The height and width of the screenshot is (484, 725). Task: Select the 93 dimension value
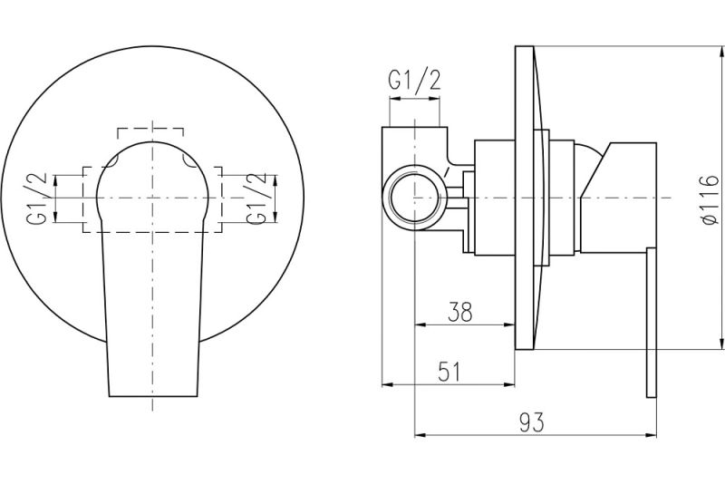533,422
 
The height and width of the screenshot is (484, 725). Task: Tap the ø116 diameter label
709,198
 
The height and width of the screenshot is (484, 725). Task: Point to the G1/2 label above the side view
414,81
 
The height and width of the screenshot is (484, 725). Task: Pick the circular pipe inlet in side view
414,197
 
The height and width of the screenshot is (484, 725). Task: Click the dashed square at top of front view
151,132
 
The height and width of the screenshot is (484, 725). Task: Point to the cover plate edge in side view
524,198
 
